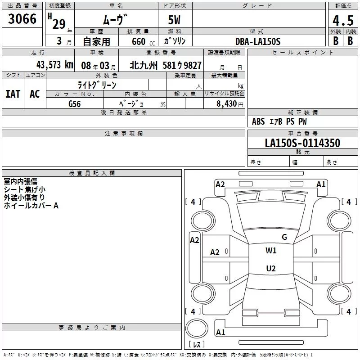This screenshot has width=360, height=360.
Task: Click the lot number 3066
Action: (x=22, y=19)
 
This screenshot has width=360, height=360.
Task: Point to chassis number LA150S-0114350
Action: (x=302, y=143)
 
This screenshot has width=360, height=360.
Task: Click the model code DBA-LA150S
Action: (x=258, y=41)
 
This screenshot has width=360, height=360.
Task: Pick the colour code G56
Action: (x=74, y=103)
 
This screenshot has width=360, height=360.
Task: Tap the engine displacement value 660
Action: (x=138, y=41)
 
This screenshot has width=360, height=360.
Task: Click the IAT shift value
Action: (x=13, y=94)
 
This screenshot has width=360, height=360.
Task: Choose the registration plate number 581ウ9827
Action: (x=185, y=65)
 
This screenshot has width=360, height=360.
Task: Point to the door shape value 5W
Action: (x=175, y=20)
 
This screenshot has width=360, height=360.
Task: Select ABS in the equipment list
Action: (x=258, y=121)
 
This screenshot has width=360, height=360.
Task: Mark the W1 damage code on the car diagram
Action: (x=271, y=251)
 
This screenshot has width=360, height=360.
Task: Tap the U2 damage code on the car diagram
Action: (x=270, y=269)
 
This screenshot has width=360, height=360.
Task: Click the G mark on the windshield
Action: (x=284, y=237)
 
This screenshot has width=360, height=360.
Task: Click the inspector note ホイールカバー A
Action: (x=31, y=206)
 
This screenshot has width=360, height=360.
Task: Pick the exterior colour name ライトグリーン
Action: (x=97, y=85)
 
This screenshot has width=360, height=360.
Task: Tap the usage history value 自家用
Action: (x=96, y=42)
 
